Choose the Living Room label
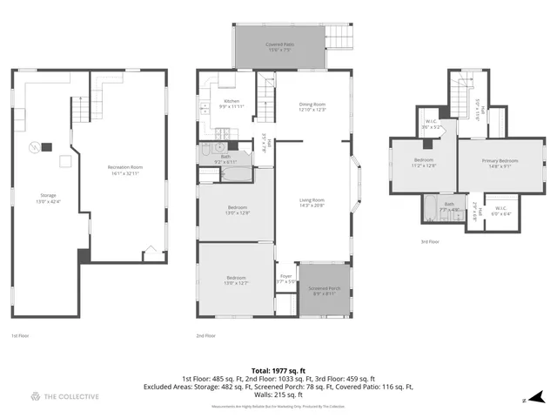coord(312,202)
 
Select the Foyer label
coord(285,279)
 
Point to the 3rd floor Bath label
coord(449,206)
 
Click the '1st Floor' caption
coord(20,335)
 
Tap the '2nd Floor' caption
coord(206,335)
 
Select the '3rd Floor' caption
coord(429,242)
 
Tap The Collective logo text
coord(71,397)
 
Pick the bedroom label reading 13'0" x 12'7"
coord(225,280)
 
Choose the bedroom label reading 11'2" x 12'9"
coord(423,164)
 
